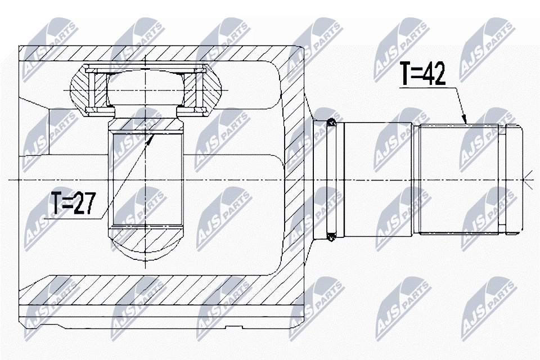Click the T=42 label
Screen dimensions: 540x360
423,74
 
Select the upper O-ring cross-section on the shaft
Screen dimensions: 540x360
331,122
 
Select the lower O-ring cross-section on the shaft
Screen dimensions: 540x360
331,237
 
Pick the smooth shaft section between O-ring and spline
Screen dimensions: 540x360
378,179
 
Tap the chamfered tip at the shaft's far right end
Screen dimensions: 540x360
515,179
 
